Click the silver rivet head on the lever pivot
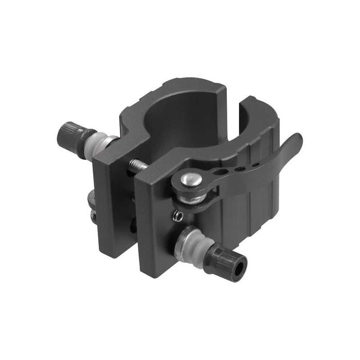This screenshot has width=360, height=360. coord(191,179)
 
